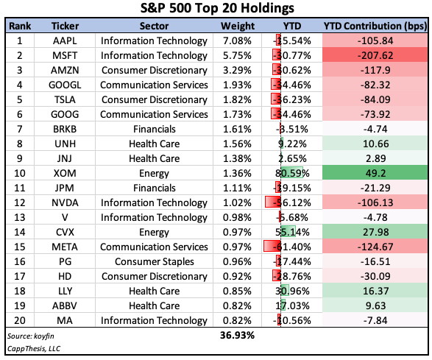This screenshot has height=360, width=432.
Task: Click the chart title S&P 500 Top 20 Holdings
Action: coord(216,10)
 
